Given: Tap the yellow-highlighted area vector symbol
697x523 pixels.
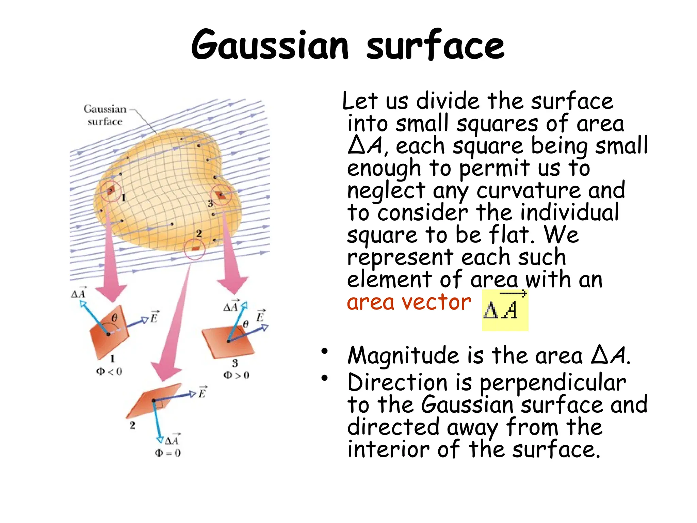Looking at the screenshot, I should click(x=505, y=310).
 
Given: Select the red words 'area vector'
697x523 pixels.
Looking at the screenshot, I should click(x=409, y=302).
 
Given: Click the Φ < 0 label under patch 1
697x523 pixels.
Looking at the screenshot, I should click(x=109, y=371).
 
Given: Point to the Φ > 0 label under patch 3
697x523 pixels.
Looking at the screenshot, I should click(x=236, y=375).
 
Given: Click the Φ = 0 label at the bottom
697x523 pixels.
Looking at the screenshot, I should click(x=167, y=453).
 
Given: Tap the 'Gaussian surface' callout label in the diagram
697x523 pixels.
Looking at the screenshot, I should click(x=105, y=115).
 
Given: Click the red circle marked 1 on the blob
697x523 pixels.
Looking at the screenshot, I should click(x=111, y=191).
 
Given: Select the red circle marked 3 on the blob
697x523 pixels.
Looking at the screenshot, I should click(x=221, y=195).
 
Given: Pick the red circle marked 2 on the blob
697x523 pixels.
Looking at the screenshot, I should click(x=195, y=249).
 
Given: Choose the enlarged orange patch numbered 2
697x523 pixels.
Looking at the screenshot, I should click(x=155, y=402).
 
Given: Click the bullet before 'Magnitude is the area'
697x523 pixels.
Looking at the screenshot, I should click(x=324, y=351).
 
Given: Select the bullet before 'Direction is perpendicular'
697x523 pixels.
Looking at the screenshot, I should click(x=324, y=378).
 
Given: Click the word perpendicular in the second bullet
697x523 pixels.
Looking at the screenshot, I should click(x=553, y=383).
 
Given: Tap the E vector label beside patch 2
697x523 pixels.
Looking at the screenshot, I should click(x=202, y=393).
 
